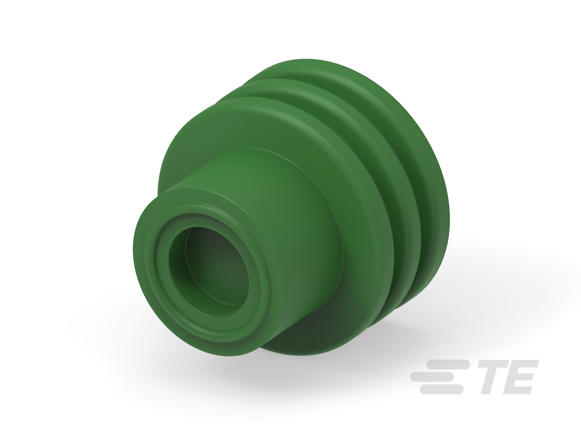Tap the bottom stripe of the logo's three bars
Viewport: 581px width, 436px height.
[441, 389]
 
